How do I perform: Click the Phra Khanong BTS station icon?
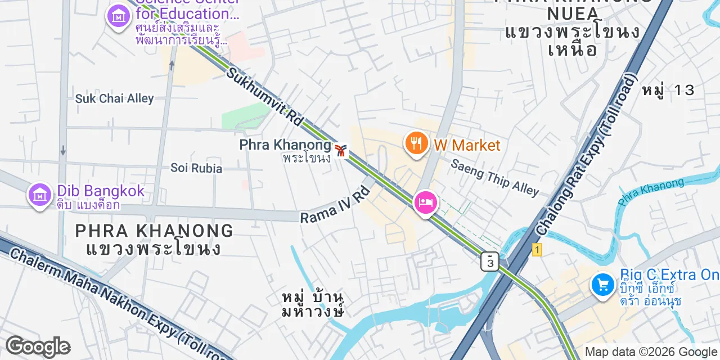[x=340, y=151]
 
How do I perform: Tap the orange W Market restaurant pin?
[x=416, y=143]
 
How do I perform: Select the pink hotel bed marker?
[x=425, y=202]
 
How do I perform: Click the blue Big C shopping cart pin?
[x=602, y=285]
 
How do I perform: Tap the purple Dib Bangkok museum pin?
[x=39, y=195]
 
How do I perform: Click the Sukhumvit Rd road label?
[x=265, y=96]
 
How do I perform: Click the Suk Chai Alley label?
[x=114, y=98]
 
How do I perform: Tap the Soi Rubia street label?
[x=196, y=168]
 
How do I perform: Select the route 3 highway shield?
[x=490, y=262]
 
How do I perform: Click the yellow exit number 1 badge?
[x=537, y=250]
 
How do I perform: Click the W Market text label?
[x=467, y=145]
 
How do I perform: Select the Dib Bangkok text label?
[x=101, y=191]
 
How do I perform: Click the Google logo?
[x=38, y=346]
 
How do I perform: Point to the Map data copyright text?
[x=651, y=352]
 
